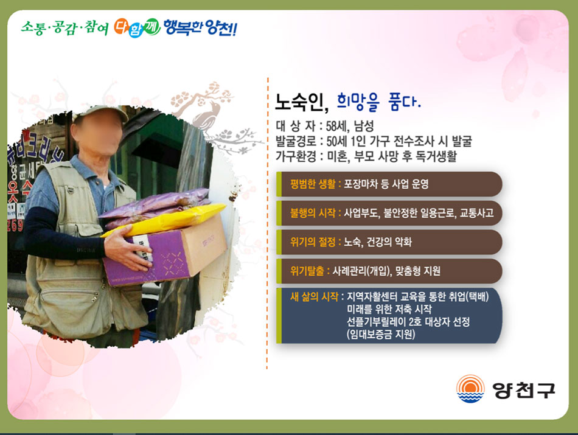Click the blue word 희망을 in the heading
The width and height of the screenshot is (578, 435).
358,102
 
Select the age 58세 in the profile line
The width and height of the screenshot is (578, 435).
336,126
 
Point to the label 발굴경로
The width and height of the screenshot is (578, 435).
296,141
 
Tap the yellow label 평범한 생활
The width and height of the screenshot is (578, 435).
313,184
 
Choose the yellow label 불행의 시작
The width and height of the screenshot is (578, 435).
313,213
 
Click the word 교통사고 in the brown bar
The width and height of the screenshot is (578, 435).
476,213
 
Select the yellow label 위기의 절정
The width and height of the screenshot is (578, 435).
313,242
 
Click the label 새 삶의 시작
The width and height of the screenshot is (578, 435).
314,296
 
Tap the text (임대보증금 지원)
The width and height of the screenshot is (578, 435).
381,335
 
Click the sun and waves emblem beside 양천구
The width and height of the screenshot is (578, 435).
470,389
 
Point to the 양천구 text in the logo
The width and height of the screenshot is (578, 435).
524,390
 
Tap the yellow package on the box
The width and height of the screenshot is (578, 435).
164,220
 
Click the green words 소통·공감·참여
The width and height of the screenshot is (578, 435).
64,27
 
